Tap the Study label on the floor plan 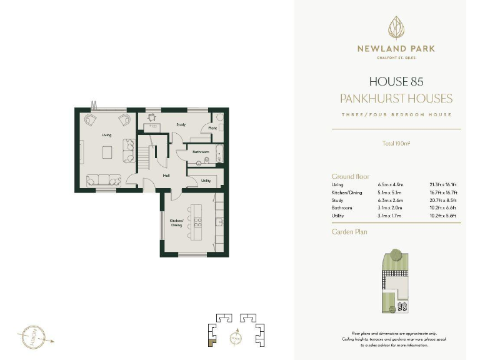[181, 124]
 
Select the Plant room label [212, 129]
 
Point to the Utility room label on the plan [206, 181]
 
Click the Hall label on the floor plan [166, 176]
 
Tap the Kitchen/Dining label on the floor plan [176, 222]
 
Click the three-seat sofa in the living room [103, 179]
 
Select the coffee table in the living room [107, 151]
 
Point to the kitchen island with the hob [197, 222]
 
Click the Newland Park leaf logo [396, 28]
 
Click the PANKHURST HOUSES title [396, 98]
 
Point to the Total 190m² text [396, 144]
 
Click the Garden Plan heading [349, 231]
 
